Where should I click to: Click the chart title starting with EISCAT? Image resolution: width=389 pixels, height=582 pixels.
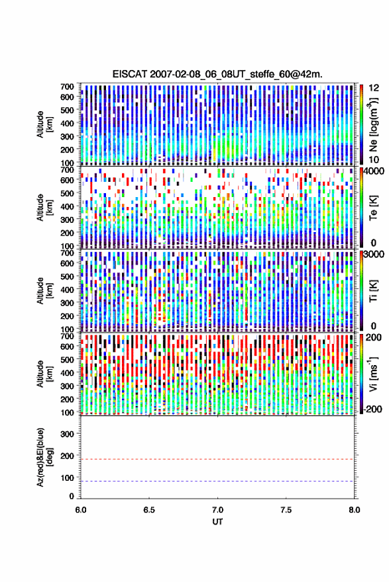coord(217,74)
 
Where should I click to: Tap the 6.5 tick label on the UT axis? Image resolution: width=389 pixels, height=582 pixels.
coord(148,510)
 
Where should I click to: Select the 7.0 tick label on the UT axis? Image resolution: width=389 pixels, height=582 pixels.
coord(217,510)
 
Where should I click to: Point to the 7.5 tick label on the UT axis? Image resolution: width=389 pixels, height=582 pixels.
coord(286,510)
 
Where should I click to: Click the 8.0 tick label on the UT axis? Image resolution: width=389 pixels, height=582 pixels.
coord(355,510)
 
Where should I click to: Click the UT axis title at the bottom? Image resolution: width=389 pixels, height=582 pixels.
coord(217,522)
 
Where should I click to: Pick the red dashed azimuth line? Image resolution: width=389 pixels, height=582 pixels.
coord(217,459)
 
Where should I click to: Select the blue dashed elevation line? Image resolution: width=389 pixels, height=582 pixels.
coord(217,481)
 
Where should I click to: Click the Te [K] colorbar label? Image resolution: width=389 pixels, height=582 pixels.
coord(373,208)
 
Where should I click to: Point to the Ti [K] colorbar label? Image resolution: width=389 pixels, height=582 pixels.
coord(373,290)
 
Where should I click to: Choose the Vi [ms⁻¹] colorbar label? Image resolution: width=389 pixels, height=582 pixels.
coord(372,374)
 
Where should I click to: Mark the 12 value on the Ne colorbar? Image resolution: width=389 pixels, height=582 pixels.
coord(374,88)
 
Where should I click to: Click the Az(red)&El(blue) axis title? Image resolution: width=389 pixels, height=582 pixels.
coord(44,457)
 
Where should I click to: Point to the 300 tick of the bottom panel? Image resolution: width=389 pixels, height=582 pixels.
coord(67,434)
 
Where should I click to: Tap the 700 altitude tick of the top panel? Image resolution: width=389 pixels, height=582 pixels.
coord(67,87)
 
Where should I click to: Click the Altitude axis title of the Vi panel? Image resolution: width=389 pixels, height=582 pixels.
coord(44,374)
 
